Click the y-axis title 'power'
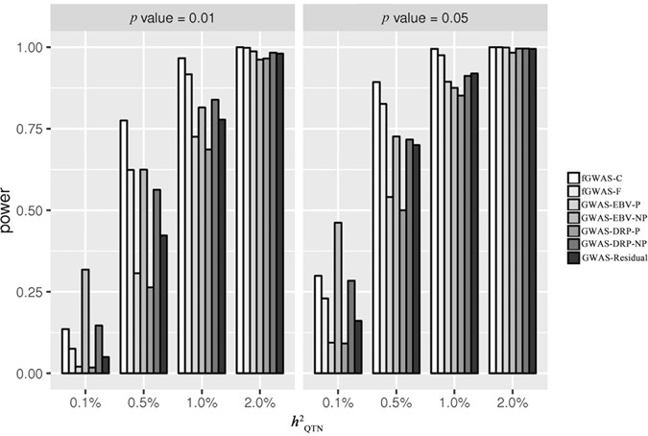coord(11,209)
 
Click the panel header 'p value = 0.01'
coord(174,15)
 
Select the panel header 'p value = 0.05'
coord(423,15)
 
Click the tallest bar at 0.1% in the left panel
coord(85,321)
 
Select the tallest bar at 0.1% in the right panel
coord(338,298)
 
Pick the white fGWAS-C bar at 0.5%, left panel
coord(124,246)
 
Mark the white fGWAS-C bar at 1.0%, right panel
coord(434,210)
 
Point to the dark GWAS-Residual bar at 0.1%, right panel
coord(359,347)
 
